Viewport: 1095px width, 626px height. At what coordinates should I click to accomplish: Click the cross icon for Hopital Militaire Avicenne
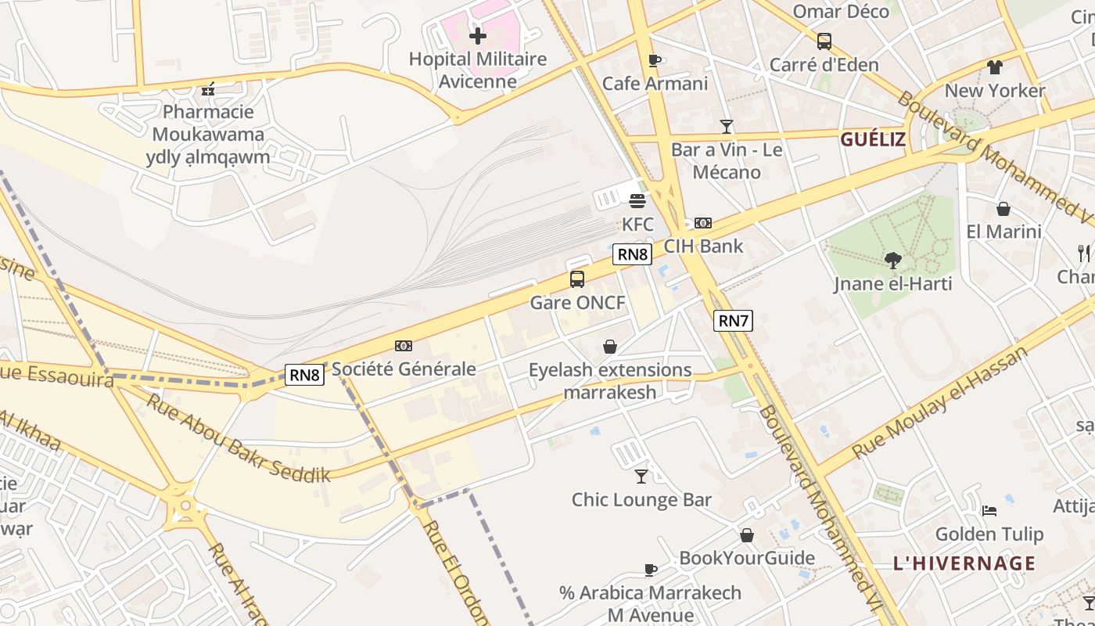[477, 36]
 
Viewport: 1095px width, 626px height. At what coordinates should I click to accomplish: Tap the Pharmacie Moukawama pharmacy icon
[208, 90]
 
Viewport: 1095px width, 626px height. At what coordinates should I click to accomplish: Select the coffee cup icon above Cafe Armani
[655, 61]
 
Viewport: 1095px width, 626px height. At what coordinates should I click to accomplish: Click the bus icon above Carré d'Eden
[824, 41]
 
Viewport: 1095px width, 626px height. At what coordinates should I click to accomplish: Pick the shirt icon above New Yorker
[994, 67]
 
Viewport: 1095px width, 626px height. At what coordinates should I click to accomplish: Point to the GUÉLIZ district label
[873, 140]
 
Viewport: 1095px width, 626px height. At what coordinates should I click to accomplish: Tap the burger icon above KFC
[637, 201]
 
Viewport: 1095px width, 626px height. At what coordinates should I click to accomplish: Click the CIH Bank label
[703, 246]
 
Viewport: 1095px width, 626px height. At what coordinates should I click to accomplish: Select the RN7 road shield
[733, 320]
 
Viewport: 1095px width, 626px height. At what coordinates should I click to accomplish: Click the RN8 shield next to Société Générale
[304, 375]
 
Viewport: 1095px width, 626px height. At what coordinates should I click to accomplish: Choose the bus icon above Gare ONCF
[577, 279]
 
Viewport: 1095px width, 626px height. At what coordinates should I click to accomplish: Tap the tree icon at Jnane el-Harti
[892, 261]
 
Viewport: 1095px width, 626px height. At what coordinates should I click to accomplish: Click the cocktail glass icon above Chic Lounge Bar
[641, 476]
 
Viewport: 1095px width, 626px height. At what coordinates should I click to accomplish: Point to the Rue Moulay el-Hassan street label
[939, 403]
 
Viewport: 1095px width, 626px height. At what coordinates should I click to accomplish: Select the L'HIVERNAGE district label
[964, 563]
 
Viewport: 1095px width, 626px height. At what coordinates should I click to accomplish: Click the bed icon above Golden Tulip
[989, 511]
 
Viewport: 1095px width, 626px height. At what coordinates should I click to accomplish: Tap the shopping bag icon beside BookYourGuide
[747, 535]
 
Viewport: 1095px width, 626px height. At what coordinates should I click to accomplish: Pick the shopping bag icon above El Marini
[1003, 209]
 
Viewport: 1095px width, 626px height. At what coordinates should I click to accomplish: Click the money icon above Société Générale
[404, 345]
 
